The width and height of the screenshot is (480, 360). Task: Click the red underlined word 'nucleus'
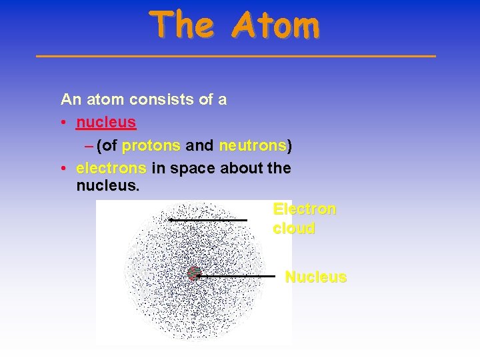(106, 123)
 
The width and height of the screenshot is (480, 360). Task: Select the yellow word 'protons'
(151, 145)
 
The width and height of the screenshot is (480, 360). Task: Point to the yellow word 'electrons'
(111, 168)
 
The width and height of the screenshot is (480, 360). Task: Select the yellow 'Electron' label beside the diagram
(305, 209)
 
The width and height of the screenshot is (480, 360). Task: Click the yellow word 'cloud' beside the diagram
(294, 228)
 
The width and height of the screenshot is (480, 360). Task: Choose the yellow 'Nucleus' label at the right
(315, 277)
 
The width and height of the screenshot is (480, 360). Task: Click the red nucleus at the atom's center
(194, 273)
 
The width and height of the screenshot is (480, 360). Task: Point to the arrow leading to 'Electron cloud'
(208, 219)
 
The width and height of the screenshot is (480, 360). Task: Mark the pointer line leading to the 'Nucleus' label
(237, 275)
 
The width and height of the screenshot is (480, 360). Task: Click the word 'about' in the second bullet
(241, 168)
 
